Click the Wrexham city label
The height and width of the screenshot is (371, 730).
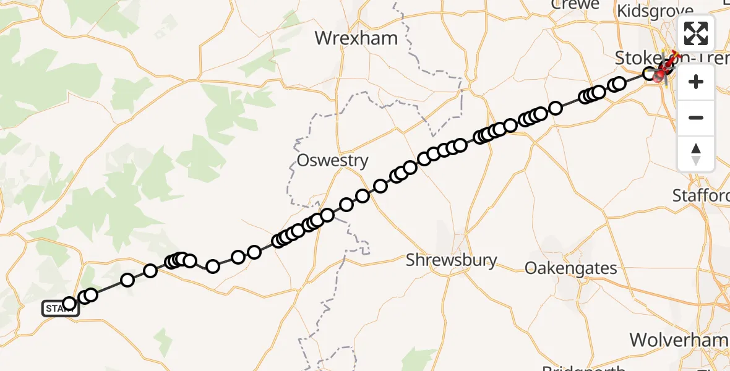[356, 38]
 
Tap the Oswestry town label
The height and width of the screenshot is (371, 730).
[332, 161]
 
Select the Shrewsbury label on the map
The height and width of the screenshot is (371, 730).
[452, 260]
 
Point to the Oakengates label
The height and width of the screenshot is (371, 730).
[570, 268]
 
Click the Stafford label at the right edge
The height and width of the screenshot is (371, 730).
[701, 196]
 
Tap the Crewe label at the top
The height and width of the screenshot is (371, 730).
[575, 5]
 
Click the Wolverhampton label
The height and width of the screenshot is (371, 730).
[679, 339]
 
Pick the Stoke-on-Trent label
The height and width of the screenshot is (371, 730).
[643, 58]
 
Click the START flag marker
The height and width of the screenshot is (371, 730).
[60, 308]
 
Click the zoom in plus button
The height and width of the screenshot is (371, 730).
[696, 82]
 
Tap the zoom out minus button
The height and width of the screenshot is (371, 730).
[696, 117]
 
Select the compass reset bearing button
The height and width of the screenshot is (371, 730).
[696, 153]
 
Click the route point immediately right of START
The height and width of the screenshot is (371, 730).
[69, 303]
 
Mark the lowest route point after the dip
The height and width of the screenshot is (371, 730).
[213, 267]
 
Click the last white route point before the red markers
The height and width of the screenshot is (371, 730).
[650, 74]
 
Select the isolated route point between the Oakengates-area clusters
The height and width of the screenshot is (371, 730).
[556, 108]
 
